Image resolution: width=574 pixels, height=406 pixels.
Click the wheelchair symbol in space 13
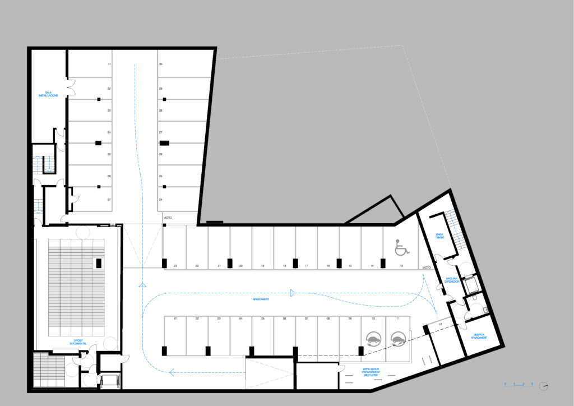(x=400, y=247)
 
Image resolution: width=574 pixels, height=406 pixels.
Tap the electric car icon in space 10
(x=372, y=338)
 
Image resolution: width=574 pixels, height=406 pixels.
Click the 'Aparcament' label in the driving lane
(x=261, y=299)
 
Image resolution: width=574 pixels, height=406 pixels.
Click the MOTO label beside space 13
(x=426, y=267)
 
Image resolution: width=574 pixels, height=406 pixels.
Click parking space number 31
(x=109, y=64)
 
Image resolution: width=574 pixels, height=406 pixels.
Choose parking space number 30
(x=160, y=64)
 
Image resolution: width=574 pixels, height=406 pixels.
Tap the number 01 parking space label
(x=175, y=319)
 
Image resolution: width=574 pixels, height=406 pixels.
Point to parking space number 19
(x=262, y=265)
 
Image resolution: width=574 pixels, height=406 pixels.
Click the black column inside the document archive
(x=98, y=262)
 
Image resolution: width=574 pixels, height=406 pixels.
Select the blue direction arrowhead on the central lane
(x=292, y=292)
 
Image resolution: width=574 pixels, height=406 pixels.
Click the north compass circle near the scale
(x=543, y=386)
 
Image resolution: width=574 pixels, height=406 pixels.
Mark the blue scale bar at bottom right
(x=519, y=385)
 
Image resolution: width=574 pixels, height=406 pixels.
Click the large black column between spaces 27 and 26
(x=164, y=143)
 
